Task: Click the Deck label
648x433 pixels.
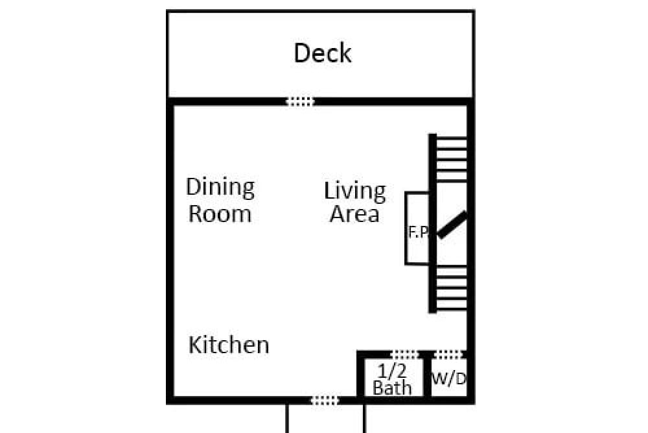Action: pyautogui.click(x=322, y=53)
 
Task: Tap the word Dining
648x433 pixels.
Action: pyautogui.click(x=220, y=188)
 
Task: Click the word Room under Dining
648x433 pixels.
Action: pyautogui.click(x=220, y=214)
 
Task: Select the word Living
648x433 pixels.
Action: pyautogui.click(x=354, y=192)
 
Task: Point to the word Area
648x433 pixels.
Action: pyautogui.click(x=354, y=214)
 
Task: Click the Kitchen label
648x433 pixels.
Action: pyautogui.click(x=229, y=345)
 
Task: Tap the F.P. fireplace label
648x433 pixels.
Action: pyautogui.click(x=419, y=232)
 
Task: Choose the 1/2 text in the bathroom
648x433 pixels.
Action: pyautogui.click(x=392, y=371)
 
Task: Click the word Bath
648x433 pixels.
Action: pyautogui.click(x=392, y=388)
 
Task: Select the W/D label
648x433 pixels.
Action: pyautogui.click(x=449, y=378)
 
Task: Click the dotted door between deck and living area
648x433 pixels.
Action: pyautogui.click(x=301, y=101)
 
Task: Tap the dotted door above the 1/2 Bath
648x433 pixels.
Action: pyautogui.click(x=406, y=354)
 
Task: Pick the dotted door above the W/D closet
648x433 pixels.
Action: pyautogui.click(x=449, y=354)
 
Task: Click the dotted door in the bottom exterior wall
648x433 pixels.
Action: pyautogui.click(x=325, y=401)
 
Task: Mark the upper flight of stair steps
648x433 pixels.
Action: pyautogui.click(x=452, y=159)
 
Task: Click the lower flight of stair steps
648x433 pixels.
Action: pyautogui.click(x=452, y=288)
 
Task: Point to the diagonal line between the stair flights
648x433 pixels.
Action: pyautogui.click(x=452, y=225)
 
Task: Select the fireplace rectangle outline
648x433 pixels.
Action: pyautogui.click(x=406, y=228)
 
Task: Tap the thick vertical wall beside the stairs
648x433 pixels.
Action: pyautogui.click(x=433, y=223)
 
